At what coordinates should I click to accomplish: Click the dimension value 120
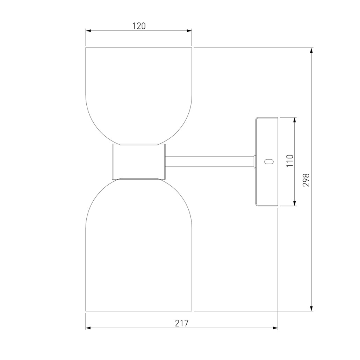139,26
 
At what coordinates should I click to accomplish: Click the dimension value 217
181,323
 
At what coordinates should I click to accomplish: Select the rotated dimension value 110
290,161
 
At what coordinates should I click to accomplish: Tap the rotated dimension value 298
307,180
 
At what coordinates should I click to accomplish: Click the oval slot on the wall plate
269,161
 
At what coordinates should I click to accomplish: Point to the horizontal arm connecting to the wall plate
210,161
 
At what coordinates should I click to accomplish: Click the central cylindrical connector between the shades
138,161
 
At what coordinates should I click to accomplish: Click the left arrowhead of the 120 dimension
88,31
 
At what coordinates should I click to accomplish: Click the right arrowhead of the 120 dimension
189,31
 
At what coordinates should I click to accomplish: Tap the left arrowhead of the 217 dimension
88,328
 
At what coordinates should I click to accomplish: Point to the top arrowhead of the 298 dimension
311,50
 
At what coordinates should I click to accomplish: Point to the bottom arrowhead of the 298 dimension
311,308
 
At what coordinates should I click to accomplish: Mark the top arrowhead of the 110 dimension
295,120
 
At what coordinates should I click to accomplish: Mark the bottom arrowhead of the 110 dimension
295,203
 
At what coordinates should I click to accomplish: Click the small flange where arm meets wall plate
255,161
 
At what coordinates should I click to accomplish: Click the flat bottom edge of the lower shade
139,311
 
